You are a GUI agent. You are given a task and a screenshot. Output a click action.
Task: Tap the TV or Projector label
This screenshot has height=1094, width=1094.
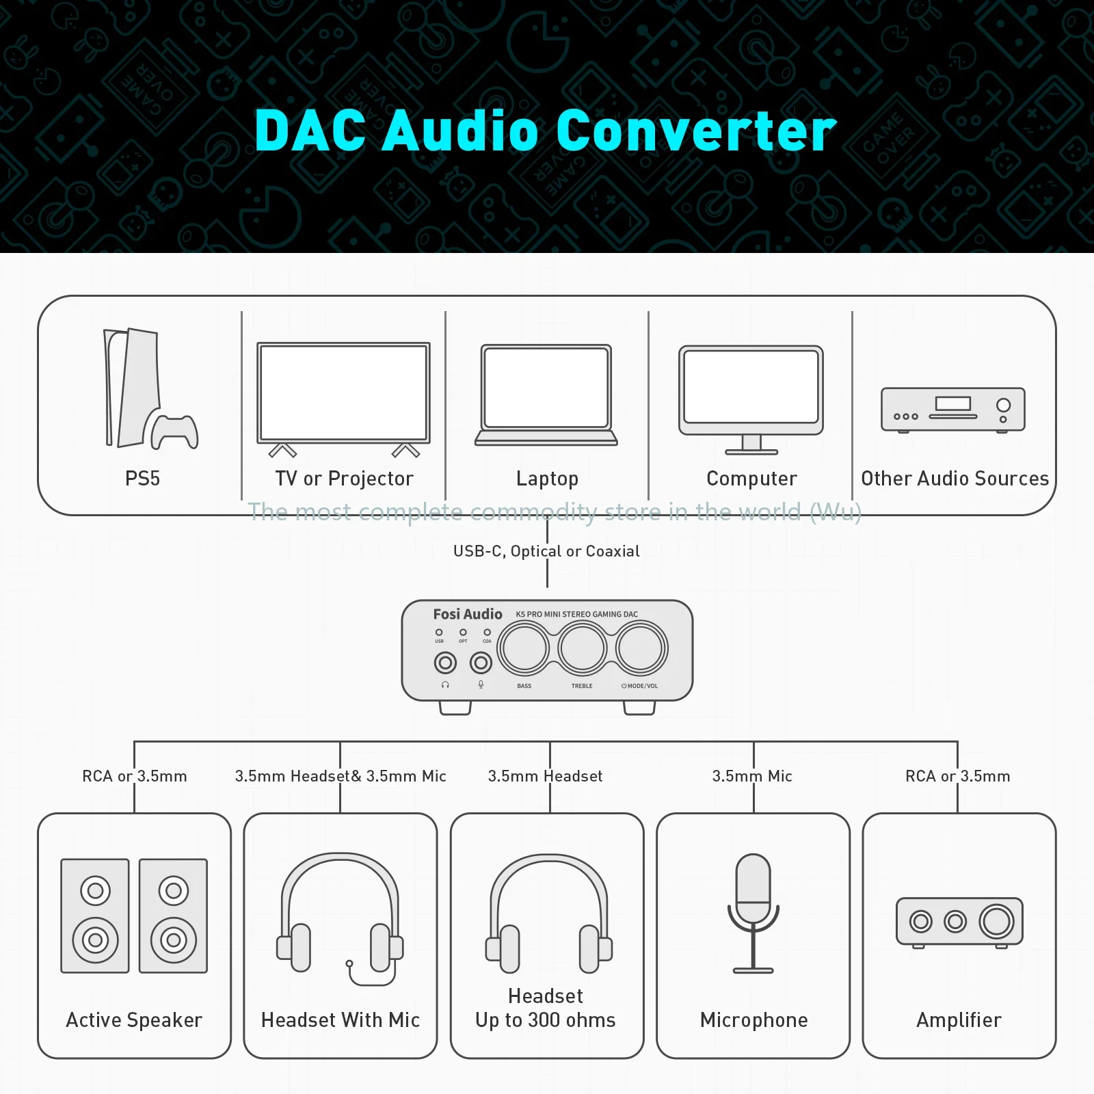345,479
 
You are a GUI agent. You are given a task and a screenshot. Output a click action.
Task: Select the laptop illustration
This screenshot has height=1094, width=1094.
546,395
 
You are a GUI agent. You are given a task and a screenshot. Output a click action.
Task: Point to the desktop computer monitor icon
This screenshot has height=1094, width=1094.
751,399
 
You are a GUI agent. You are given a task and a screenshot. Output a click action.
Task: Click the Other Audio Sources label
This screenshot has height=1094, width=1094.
955,479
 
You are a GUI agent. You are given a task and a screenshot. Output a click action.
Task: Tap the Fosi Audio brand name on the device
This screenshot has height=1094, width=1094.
468,614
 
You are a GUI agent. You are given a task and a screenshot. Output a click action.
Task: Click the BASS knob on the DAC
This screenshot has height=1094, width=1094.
524,648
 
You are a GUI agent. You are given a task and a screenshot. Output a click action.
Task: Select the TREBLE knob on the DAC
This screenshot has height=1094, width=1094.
582,648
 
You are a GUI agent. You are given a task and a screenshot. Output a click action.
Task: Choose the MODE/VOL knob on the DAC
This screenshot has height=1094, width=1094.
641,648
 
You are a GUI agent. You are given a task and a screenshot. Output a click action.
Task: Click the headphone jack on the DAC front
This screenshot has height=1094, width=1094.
446,663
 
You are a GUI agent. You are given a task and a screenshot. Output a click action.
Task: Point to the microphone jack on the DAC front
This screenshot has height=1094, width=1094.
481,663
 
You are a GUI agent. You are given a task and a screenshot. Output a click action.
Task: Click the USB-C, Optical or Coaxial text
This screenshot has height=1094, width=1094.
546,551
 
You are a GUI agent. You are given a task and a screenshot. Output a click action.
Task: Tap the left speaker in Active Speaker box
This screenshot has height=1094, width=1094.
95,916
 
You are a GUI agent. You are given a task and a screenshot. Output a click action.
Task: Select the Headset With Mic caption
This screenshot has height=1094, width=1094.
341,1020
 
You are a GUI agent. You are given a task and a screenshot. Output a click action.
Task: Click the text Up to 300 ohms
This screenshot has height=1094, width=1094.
546,1020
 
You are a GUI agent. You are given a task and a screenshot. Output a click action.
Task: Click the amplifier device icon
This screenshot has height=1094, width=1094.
959,922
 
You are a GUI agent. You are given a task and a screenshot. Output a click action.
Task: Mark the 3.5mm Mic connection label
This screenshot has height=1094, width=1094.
752,776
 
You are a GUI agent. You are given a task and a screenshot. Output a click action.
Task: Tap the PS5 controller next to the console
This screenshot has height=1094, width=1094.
174,431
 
